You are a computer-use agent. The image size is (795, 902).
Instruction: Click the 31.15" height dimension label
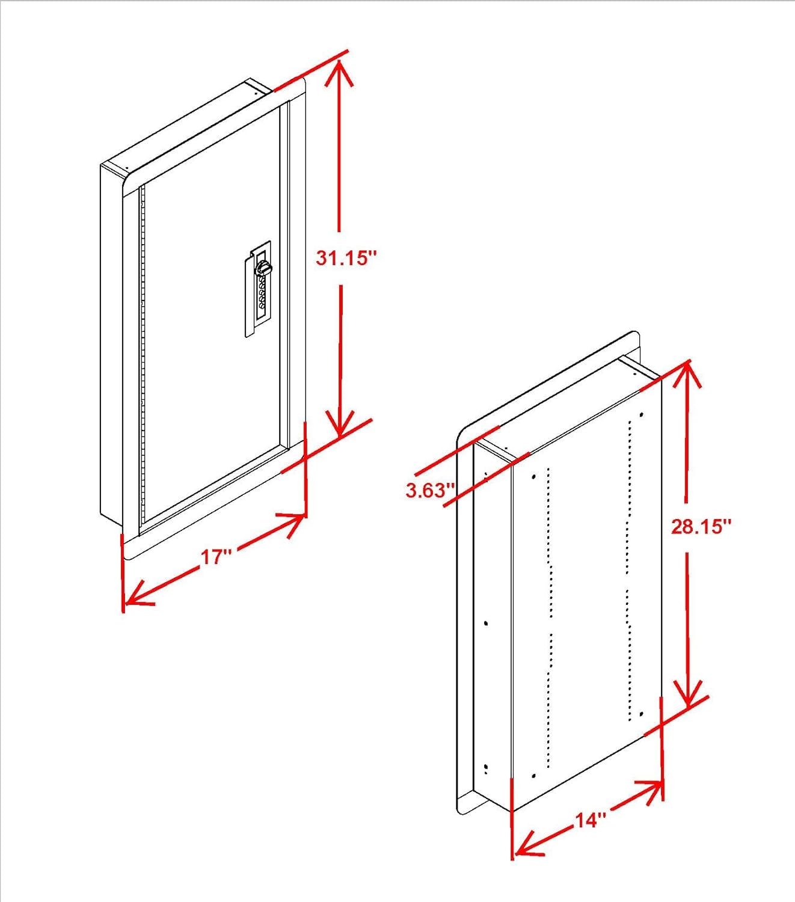click(x=346, y=258)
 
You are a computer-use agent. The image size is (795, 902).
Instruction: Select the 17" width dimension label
click(x=216, y=557)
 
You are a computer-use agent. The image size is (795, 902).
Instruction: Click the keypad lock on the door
click(x=259, y=289)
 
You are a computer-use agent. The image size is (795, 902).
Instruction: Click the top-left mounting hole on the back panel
click(x=533, y=477)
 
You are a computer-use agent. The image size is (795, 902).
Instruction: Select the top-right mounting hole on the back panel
click(x=642, y=415)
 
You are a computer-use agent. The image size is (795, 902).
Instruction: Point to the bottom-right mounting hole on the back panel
click(x=642, y=714)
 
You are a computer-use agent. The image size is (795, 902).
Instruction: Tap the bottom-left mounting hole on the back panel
click(x=533, y=776)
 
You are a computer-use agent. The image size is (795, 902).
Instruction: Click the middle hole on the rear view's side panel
click(x=486, y=624)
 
